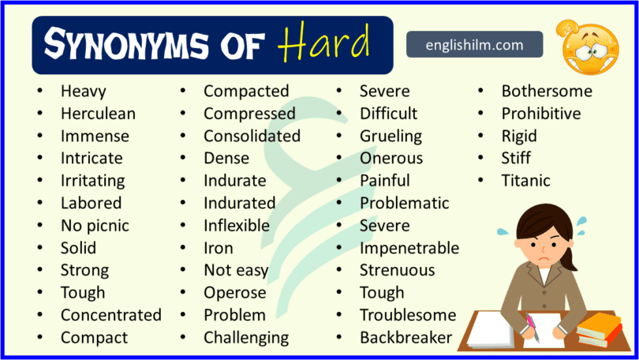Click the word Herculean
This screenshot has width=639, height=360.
[98, 114]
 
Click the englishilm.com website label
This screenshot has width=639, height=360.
[475, 44]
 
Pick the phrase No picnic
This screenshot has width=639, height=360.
[95, 226]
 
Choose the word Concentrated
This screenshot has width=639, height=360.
[110, 315]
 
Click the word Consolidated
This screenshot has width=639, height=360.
[252, 136]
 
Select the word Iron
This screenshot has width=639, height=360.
[219, 248]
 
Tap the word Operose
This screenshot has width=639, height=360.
[234, 293]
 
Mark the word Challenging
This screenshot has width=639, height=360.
[246, 338]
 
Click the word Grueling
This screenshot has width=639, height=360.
[390, 136]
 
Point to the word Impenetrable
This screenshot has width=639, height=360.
[409, 248]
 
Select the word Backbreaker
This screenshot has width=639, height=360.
[405, 338]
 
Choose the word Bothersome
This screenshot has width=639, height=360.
[547, 91]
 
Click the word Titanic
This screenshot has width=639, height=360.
[525, 181]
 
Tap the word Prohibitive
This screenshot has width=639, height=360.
[540, 114]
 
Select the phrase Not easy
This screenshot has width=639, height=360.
[236, 271]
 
